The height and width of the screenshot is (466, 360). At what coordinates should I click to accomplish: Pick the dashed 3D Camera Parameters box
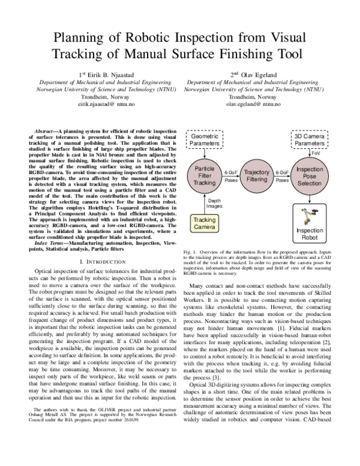(310, 141)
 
